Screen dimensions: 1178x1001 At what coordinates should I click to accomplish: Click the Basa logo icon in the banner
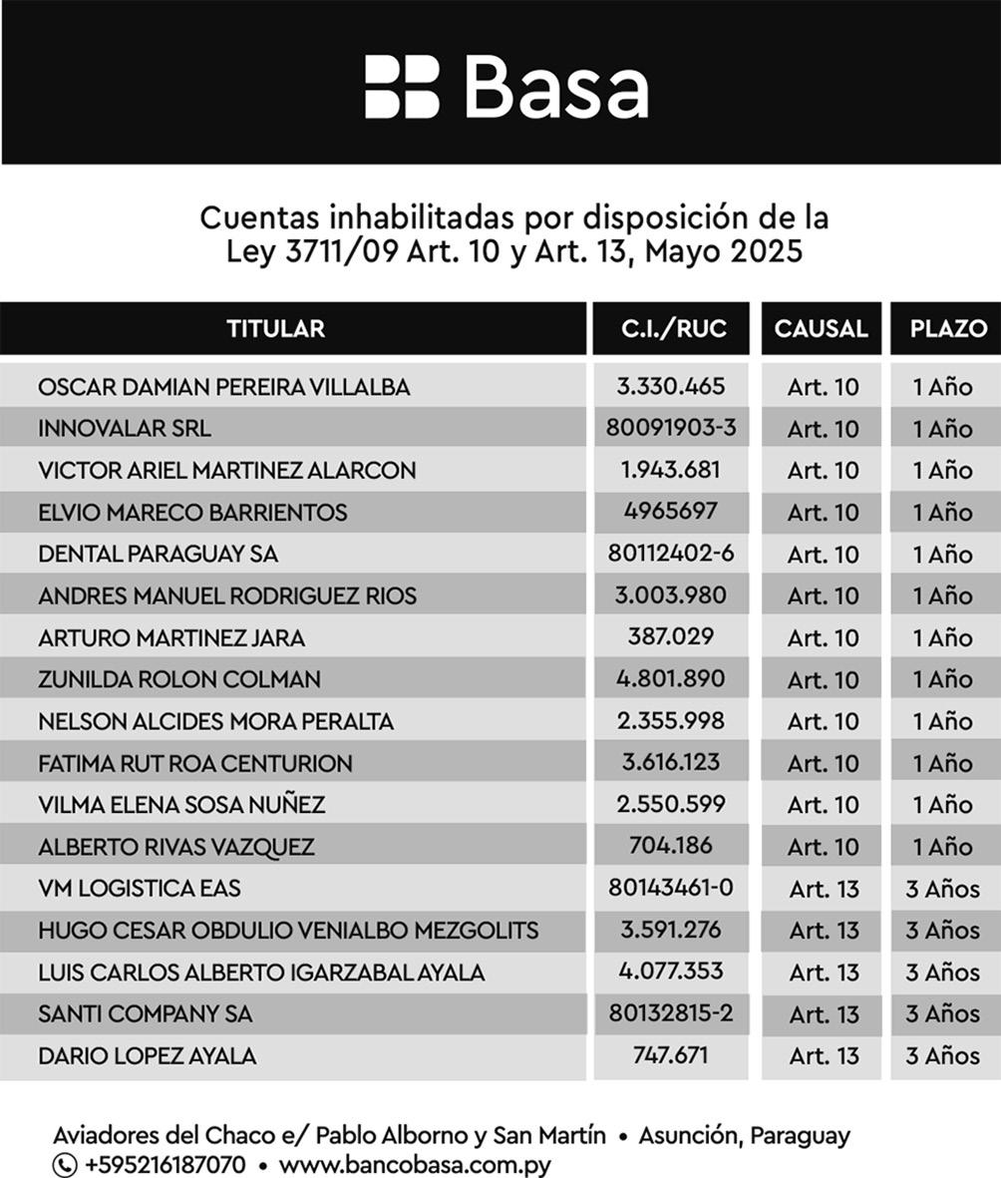click(401, 87)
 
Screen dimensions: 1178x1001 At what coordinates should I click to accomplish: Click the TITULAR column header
click(275, 328)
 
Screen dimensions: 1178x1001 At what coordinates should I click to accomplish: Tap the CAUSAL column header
click(821, 328)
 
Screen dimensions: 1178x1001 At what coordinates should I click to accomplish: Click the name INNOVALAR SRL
click(125, 429)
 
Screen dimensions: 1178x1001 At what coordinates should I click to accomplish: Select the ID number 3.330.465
click(670, 386)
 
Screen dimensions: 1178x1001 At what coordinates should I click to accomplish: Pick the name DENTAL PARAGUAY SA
click(158, 554)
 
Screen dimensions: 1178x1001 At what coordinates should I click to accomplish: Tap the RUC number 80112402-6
click(670, 553)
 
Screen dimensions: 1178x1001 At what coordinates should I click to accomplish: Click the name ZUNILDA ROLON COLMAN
click(179, 679)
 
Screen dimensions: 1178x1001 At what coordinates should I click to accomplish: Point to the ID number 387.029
click(670, 636)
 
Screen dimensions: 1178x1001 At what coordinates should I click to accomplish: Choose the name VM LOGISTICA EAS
click(140, 888)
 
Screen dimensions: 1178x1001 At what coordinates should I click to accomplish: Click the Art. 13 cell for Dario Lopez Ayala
click(824, 1055)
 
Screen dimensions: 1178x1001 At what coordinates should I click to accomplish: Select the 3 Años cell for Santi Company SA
click(942, 1013)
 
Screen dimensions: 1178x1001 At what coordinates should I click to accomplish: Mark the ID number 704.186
click(670, 845)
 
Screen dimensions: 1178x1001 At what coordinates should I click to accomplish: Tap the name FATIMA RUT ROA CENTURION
click(195, 763)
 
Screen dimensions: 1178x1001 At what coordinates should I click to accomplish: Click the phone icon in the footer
click(65, 1164)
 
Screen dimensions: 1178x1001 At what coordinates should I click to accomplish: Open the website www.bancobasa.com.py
click(414, 1164)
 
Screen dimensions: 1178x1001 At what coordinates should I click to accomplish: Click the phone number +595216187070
click(166, 1164)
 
